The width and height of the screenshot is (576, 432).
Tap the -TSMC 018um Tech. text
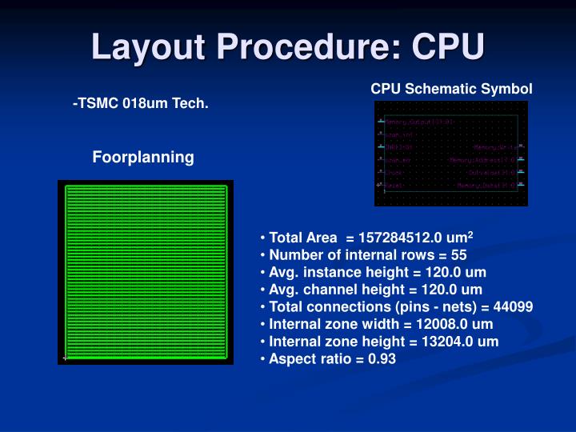(141, 104)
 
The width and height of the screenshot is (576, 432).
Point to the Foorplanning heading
(143, 157)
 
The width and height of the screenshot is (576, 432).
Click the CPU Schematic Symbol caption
(451, 89)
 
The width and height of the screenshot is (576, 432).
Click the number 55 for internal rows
(458, 255)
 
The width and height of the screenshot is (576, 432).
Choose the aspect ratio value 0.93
(382, 359)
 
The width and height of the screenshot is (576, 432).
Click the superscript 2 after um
(472, 234)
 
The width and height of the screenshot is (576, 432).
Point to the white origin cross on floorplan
(64, 358)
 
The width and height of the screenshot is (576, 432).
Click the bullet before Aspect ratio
(263, 359)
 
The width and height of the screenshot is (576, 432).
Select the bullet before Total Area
(263, 238)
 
